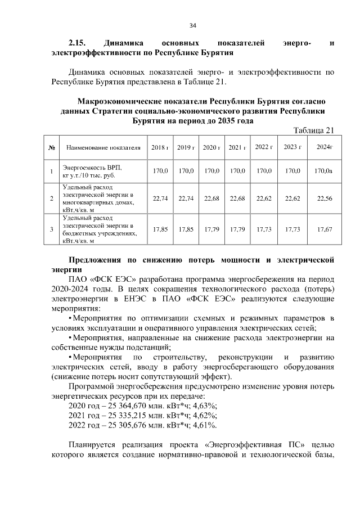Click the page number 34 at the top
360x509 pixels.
pos(192,25)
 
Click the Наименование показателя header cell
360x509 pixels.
pos(103,148)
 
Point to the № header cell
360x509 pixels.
pos(51,148)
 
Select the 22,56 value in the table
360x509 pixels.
pos(325,198)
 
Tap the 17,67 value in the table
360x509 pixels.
pos(325,229)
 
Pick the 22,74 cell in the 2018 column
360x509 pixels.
pos(160,198)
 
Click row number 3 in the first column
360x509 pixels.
pos(51,229)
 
